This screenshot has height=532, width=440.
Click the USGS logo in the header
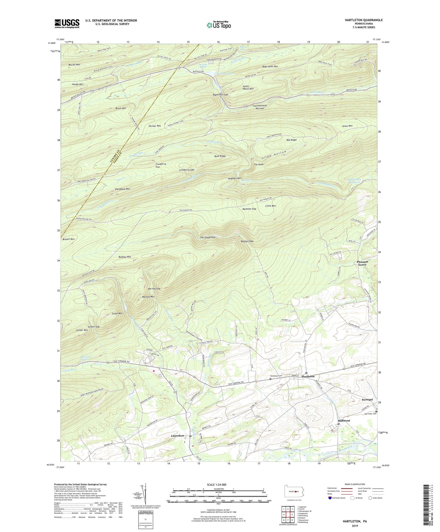pyautogui.click(x=67, y=23)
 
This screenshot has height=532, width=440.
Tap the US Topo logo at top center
pyautogui.click(x=219, y=25)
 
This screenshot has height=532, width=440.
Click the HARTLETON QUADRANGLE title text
pyautogui.click(x=359, y=20)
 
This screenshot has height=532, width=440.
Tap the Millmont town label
pyautogui.click(x=344, y=421)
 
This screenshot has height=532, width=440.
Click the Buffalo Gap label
pyautogui.click(x=247, y=241)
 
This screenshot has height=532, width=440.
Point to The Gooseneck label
pyautogui.click(x=208, y=237)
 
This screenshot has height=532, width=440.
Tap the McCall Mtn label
pyautogui.click(x=74, y=65)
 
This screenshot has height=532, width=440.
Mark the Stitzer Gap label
pyautogui.click(x=93, y=327)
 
